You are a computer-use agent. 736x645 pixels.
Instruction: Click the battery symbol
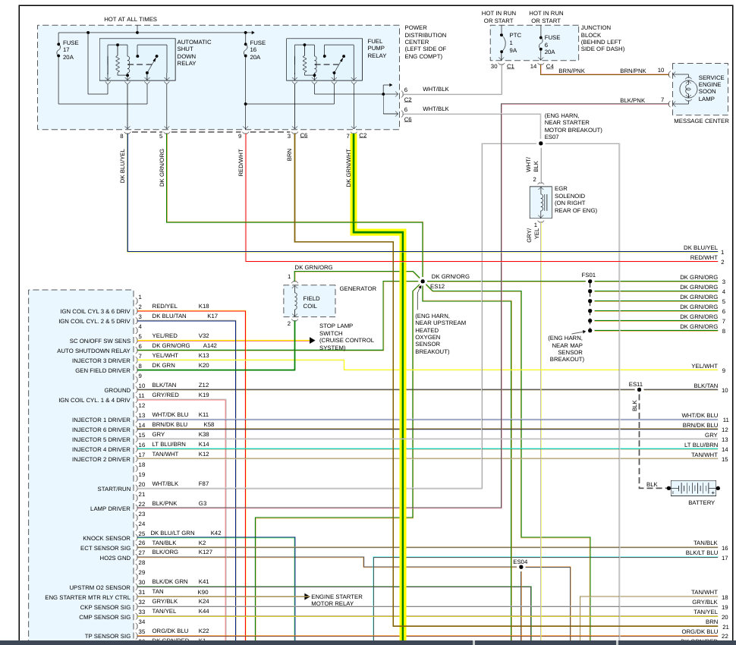click(692, 489)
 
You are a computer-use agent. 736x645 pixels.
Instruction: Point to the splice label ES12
click(438, 287)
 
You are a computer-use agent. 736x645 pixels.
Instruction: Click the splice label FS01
click(588, 275)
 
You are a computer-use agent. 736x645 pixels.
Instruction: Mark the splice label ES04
click(521, 562)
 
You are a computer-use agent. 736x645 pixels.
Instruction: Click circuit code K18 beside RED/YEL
click(203, 306)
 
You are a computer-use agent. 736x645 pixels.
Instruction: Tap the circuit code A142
click(209, 345)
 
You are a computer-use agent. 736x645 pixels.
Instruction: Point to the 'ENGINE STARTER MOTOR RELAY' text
click(337, 601)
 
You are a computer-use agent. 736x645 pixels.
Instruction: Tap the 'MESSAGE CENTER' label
click(701, 121)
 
